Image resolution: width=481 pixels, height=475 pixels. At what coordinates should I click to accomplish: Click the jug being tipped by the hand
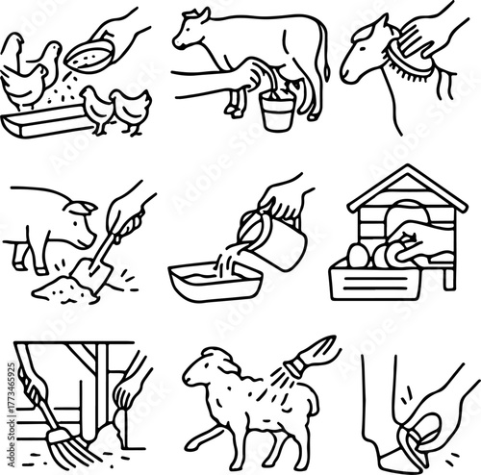pos(282,241)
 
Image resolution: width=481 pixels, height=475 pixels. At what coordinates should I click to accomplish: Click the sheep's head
pos(204,363)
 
